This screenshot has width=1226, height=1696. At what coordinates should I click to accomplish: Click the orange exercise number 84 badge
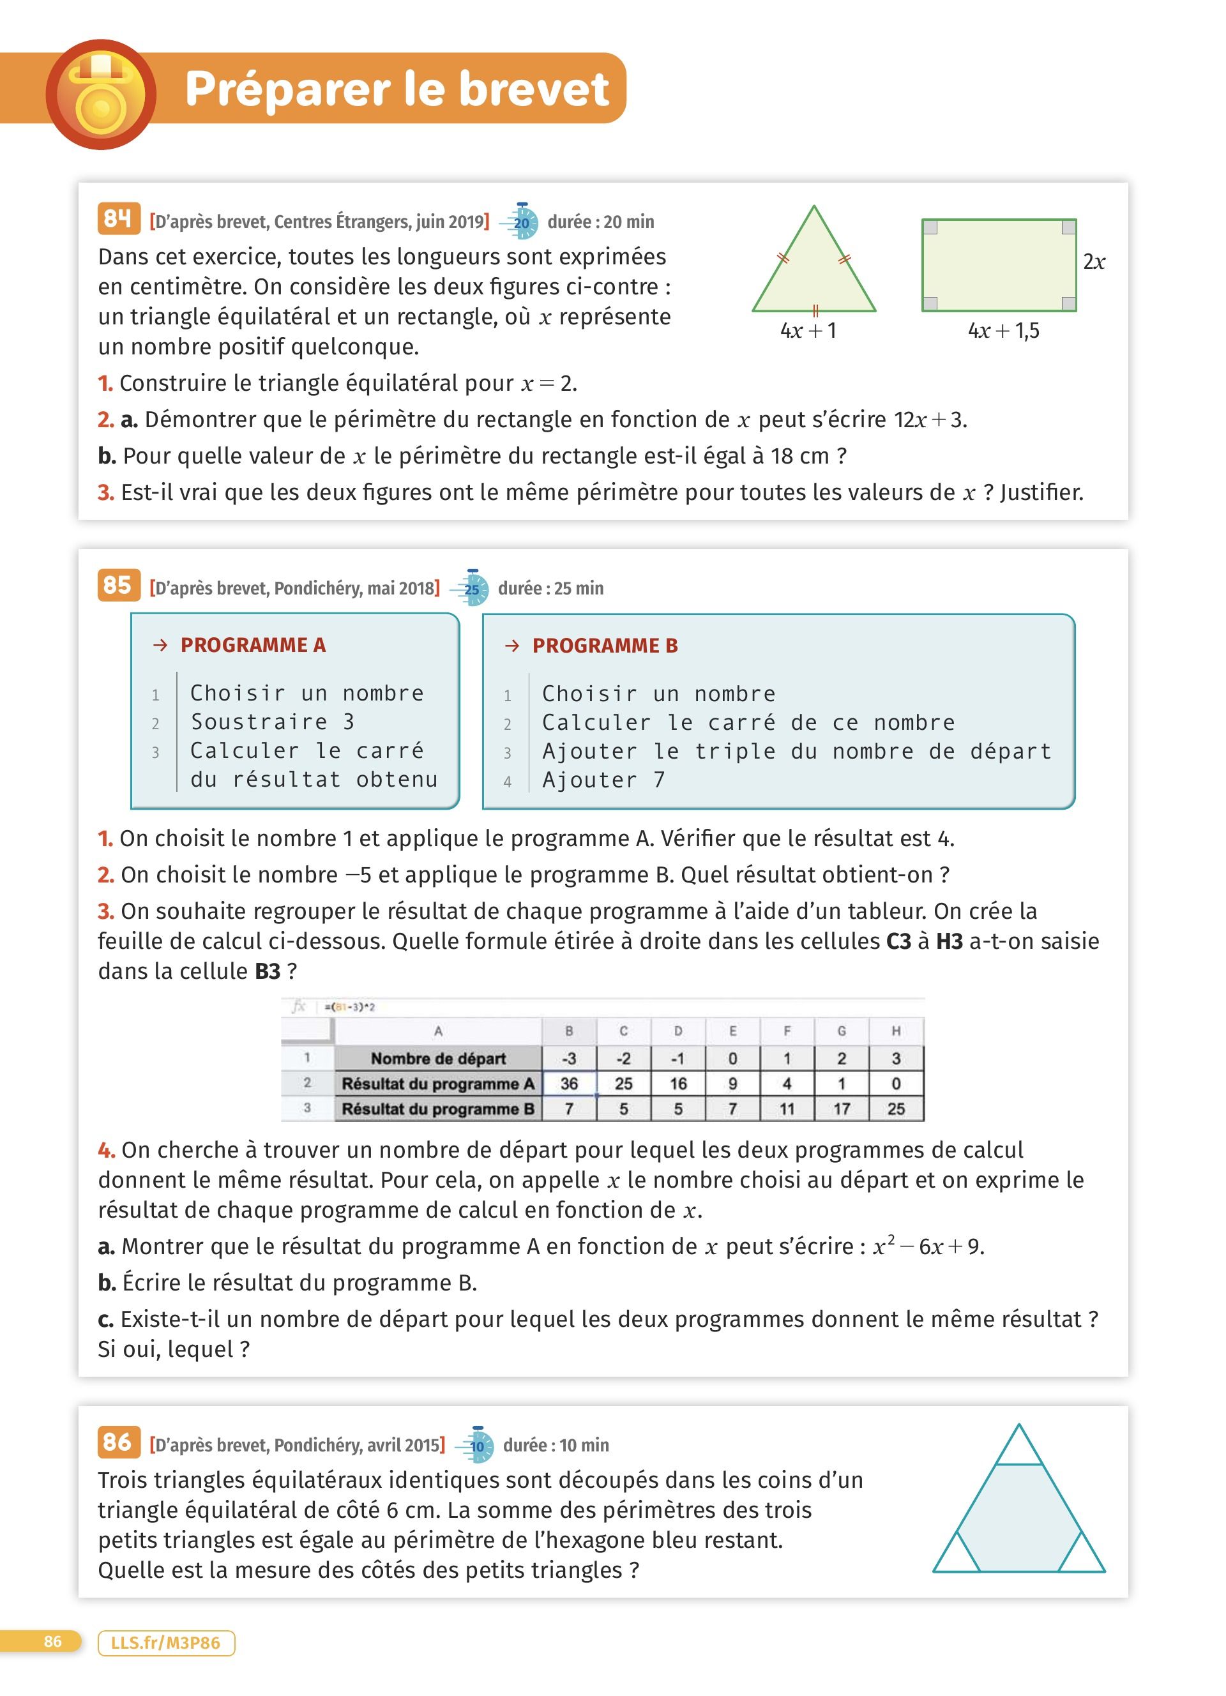click(x=118, y=219)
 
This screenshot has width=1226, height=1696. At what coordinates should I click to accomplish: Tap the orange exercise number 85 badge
click(x=118, y=586)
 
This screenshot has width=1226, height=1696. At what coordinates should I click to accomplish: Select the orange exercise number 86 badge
click(x=118, y=1442)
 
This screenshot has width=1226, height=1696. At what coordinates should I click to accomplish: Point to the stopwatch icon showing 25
click(x=472, y=589)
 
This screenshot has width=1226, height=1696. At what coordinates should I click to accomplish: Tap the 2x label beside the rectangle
click(x=1094, y=262)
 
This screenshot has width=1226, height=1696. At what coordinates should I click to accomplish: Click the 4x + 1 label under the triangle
click(x=808, y=331)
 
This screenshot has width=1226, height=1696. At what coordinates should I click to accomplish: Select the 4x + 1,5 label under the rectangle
click(x=1003, y=331)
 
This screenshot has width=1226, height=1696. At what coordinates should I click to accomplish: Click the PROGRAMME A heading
click(x=253, y=644)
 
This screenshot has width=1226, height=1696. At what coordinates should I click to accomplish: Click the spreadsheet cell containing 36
click(x=569, y=1084)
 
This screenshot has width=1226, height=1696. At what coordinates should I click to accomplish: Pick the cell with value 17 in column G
click(x=842, y=1109)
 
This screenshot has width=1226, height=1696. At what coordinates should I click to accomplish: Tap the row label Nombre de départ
click(x=438, y=1058)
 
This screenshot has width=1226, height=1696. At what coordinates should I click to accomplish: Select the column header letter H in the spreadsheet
click(x=896, y=1031)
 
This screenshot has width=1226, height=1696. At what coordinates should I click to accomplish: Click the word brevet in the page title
click(x=534, y=89)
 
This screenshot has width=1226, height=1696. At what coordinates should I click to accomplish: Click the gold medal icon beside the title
click(x=101, y=95)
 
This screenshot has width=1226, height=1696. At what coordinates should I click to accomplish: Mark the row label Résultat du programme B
click(x=438, y=1109)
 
